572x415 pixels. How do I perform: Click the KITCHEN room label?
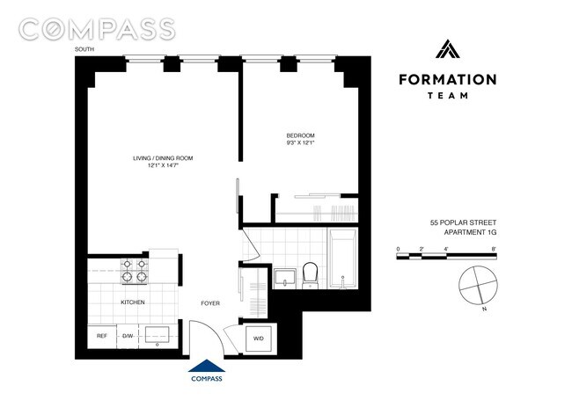[133, 302]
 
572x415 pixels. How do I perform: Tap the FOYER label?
[209, 303]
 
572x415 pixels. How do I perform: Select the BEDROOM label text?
[300, 135]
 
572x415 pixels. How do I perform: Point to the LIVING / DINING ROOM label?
[163, 158]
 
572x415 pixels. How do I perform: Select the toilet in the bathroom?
[310, 275]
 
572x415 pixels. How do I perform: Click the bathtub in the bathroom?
[342, 259]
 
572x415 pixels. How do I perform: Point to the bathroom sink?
[283, 278]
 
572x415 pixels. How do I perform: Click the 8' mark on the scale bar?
[495, 250]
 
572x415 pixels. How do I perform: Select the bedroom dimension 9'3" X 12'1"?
[300, 142]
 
